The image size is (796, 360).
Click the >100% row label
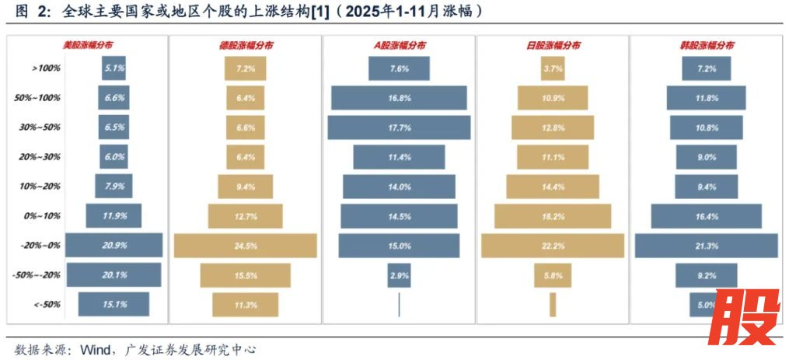coord(46,68)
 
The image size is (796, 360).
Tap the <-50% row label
coord(46,305)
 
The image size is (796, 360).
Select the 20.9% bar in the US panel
coord(113,246)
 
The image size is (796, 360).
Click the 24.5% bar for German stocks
coord(245,246)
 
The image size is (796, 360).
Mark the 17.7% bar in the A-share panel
coord(400,128)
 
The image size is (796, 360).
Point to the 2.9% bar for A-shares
coord(400,275)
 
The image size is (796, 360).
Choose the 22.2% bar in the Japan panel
coord(553,246)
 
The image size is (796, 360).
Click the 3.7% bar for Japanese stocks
coord(553,68)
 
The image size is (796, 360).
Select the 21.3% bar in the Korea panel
coord(706,246)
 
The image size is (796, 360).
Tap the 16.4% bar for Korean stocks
coord(706,216)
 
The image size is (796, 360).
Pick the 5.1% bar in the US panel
coord(113,68)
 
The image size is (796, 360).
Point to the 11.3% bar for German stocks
coord(245,305)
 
